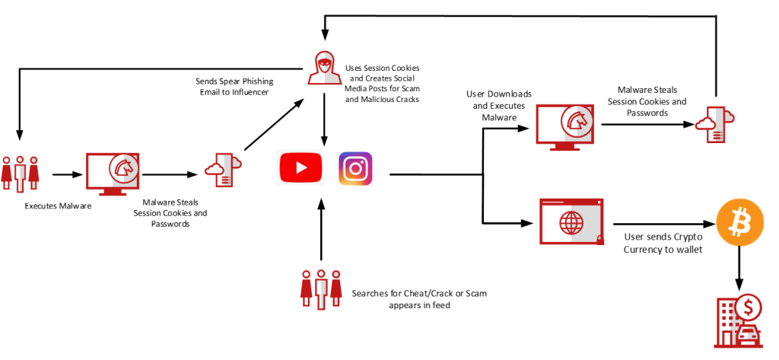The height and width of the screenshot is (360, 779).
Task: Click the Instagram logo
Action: (355, 168)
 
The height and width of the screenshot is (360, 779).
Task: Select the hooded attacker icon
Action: (324, 67)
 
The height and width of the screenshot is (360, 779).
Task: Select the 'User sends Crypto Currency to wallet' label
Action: (662, 244)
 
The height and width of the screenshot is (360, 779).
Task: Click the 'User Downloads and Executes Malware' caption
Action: (498, 106)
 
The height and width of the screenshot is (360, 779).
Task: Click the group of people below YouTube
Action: (322, 289)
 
